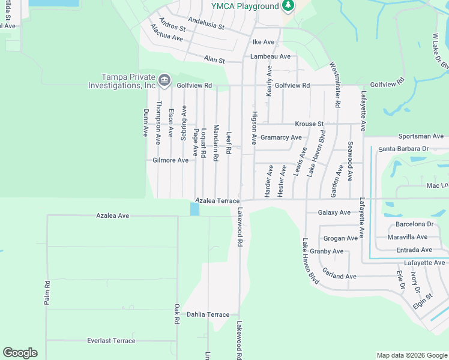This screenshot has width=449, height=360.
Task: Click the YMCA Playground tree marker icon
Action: [288, 5]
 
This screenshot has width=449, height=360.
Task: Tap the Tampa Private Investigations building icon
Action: [164, 80]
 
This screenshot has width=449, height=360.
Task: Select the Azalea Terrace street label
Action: [217, 200]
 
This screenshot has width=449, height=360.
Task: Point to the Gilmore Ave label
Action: [170, 160]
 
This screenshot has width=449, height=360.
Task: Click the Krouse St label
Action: [309, 124]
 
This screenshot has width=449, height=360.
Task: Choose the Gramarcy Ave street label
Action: [281, 137]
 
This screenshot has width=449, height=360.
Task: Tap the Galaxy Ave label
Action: [334, 212]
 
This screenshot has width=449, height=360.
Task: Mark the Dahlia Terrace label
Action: [208, 314]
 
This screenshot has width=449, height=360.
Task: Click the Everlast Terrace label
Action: [111, 341]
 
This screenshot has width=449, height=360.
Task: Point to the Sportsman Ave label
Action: [421, 137]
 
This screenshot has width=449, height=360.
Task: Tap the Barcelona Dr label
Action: [415, 224]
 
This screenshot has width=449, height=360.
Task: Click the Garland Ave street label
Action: [339, 277]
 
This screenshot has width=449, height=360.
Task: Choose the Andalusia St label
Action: [206, 23]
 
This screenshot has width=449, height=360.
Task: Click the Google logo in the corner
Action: [20, 353]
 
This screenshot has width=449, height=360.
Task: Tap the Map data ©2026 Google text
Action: [411, 355]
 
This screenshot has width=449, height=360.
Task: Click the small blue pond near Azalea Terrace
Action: [194, 209]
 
